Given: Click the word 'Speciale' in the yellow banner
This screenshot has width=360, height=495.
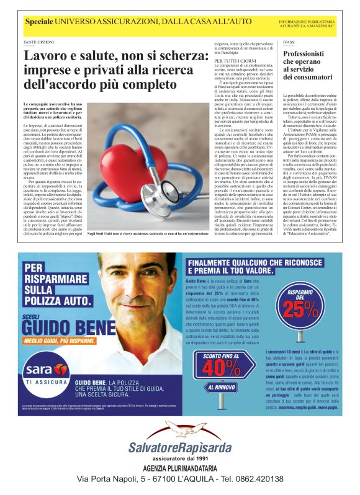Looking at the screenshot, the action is (x=38, y=22).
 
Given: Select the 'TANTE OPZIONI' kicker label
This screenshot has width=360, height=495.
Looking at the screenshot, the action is (x=38, y=42).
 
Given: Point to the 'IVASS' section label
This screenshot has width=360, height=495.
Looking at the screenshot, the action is (x=288, y=42).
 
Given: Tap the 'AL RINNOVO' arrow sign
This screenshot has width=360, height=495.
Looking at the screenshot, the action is (x=221, y=388).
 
